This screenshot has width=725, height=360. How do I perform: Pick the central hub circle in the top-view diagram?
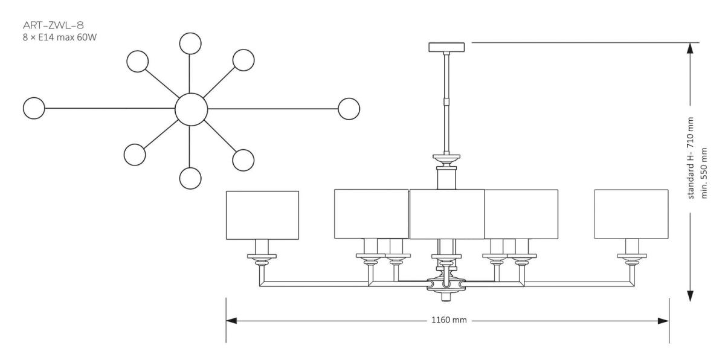point(191,109)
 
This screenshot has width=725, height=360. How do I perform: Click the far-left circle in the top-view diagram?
point(34,109)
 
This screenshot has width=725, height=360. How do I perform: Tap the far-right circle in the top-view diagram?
point(349,109)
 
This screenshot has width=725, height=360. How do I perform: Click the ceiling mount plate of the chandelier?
point(447,47)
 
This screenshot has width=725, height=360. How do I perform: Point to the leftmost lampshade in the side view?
point(262,214)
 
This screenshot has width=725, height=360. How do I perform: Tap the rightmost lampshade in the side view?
point(631,214)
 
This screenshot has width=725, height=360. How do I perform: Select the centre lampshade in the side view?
point(447,214)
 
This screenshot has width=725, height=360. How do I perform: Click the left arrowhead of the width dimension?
point(231,320)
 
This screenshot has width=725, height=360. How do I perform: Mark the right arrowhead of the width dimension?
point(664,320)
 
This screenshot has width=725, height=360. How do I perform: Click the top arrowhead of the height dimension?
point(689,48)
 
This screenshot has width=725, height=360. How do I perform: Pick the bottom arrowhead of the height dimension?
point(689,296)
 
